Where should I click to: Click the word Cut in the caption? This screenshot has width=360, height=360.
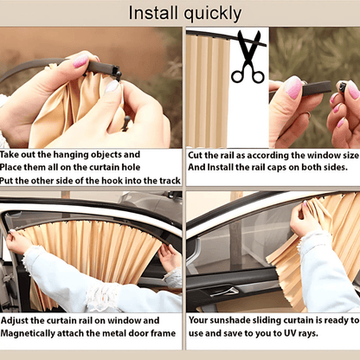(x=197, y=156)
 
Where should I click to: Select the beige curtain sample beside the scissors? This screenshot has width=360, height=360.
(x=208, y=91)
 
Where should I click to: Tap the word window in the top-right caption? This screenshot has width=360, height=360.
(x=314, y=156)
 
